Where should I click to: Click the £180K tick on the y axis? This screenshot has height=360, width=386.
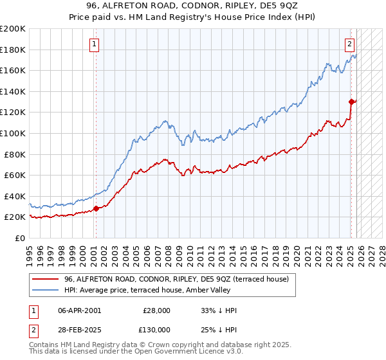[x=13, y=50]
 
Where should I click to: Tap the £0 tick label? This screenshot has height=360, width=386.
[x=19, y=238]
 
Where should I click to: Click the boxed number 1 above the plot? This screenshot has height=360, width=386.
[x=95, y=44]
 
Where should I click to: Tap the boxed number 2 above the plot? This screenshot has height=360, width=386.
[x=349, y=44]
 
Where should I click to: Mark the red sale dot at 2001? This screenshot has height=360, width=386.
[x=96, y=208]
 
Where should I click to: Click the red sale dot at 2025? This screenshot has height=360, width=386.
[x=351, y=102]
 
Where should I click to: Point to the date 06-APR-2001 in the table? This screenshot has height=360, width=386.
[x=79, y=310]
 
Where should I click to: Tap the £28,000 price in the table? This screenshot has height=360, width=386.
[x=156, y=310]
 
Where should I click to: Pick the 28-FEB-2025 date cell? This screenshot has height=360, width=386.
[x=79, y=329]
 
